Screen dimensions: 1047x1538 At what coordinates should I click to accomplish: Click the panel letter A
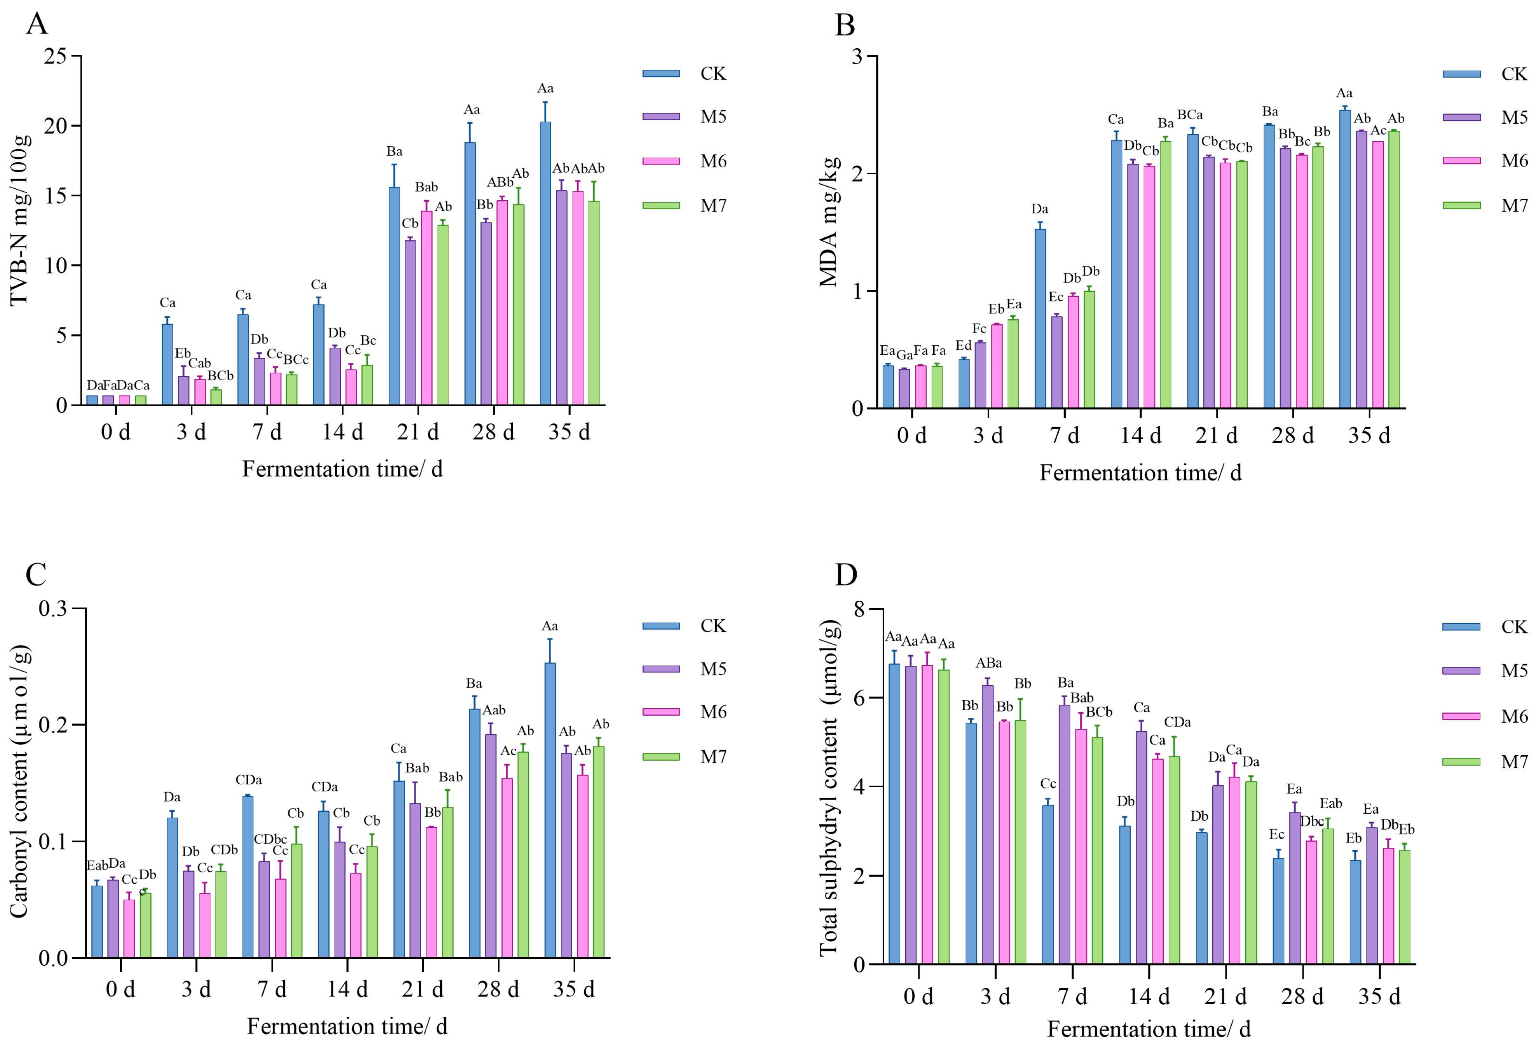(37, 25)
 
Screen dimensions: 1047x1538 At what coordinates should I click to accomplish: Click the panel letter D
(846, 575)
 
